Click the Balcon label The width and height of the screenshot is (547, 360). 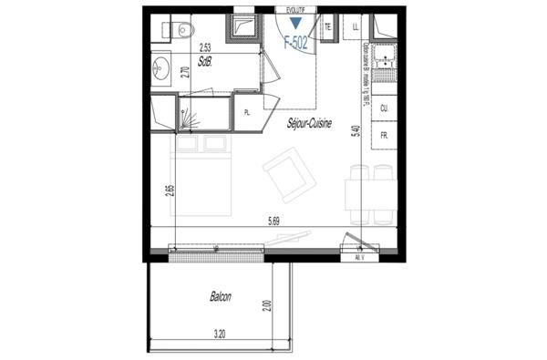pyautogui.click(x=220, y=296)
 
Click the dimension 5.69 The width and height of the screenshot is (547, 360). pyautogui.click(x=273, y=220)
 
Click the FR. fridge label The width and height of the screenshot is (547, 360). pyautogui.click(x=385, y=135)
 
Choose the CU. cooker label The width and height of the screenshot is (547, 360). pyautogui.click(x=385, y=108)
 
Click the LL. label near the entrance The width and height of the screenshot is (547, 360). pyautogui.click(x=356, y=26)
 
